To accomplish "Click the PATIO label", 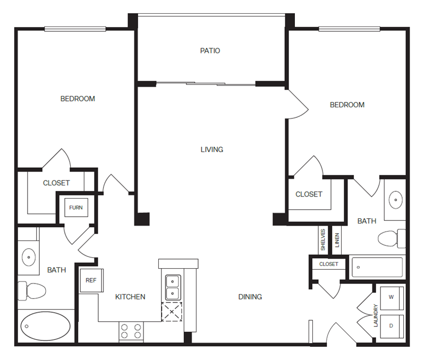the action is point(210,50).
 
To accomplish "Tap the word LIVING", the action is point(212,150).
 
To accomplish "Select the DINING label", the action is point(250,297).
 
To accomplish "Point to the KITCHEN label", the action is point(130,297).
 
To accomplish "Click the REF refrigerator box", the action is point(91,280).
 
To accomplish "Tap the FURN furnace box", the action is point(76,208).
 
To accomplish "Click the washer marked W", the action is point(392,298).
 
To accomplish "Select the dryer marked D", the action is point(392,326).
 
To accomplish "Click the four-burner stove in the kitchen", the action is point(131,331).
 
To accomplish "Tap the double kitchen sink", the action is point(173,287).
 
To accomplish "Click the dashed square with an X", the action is point(172,312).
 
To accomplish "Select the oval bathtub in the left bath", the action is point(46,326).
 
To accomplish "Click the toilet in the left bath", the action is point(32,291).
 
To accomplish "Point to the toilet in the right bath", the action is point(392,238).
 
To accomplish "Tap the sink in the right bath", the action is point(396,200).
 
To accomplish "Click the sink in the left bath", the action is point(29,257).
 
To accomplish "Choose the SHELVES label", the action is point(323,239).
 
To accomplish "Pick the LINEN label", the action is point(337,240).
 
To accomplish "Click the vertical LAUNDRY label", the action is point(376,315).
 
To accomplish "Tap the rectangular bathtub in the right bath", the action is point(377,268).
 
